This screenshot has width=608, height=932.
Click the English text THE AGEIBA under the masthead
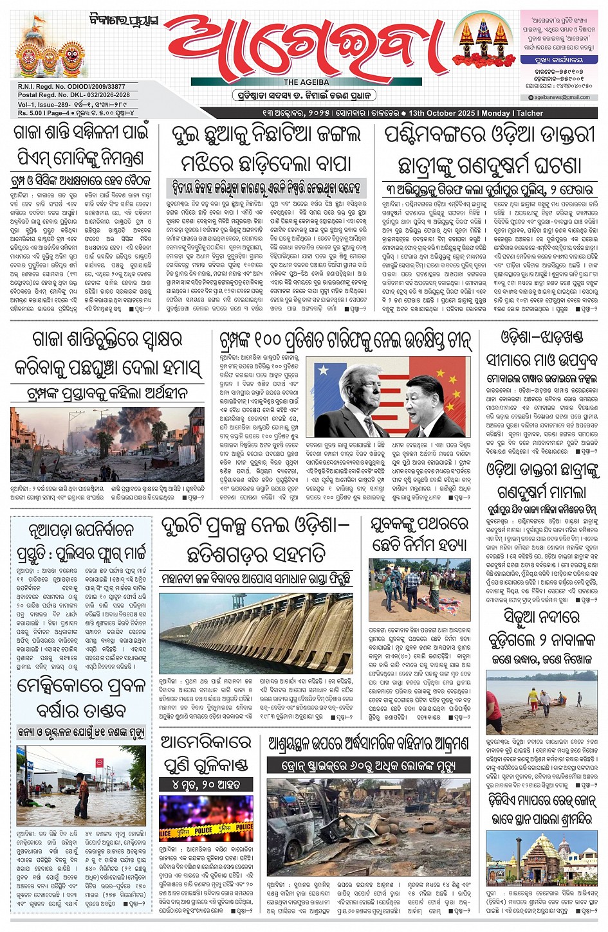306,82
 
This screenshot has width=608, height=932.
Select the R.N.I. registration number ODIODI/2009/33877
98,87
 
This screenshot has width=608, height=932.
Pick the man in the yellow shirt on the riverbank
533,696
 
